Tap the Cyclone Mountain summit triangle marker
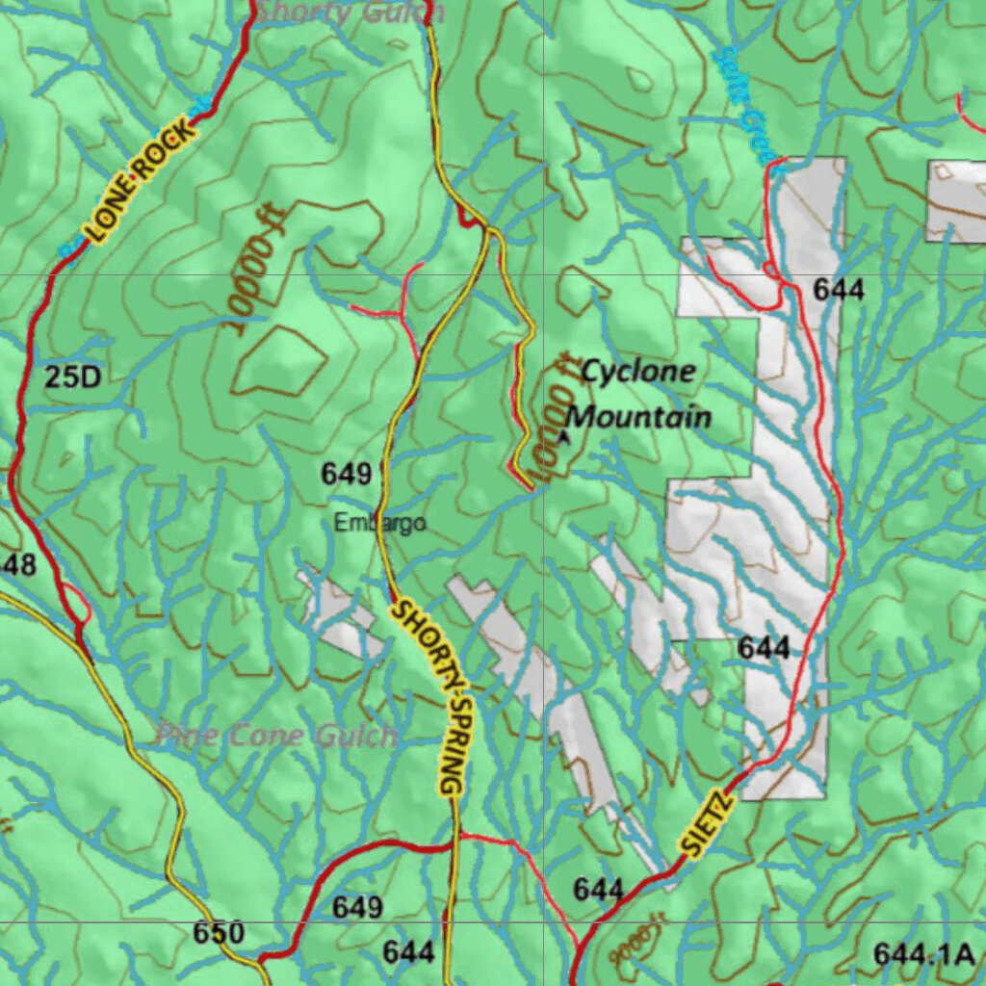(x=564, y=436)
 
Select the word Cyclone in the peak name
(x=638, y=371)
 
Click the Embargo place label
(x=379, y=524)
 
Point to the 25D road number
(x=72, y=376)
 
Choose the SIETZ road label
(x=708, y=824)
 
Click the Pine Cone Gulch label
(x=275, y=737)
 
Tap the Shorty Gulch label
(x=350, y=13)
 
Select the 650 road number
(x=219, y=933)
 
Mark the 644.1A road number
(x=924, y=954)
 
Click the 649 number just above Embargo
(x=347, y=474)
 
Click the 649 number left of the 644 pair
(x=357, y=907)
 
